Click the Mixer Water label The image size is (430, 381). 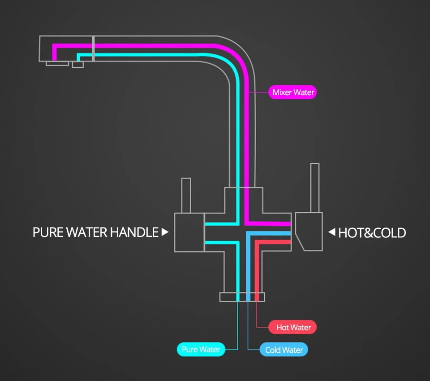click(x=293, y=92)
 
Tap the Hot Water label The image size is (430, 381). click(x=293, y=327)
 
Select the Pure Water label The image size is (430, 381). click(x=201, y=349)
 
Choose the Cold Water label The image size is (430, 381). click(x=284, y=350)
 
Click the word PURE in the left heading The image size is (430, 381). click(x=48, y=232)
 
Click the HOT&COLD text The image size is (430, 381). click(x=372, y=233)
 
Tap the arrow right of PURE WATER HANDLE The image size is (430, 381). click(x=165, y=232)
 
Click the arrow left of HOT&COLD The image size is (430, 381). click(x=332, y=232)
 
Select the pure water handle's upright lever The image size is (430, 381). click(x=186, y=195)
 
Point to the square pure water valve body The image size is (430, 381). click(x=189, y=232)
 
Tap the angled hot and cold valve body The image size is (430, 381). click(x=310, y=231)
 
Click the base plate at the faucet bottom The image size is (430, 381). click(x=242, y=297)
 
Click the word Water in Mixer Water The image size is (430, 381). click(x=304, y=92)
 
